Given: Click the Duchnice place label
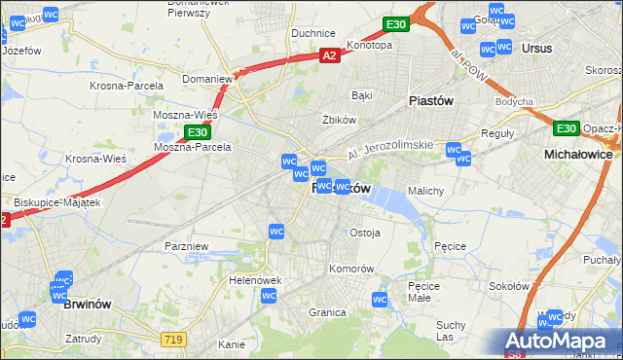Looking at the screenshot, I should click(313, 32).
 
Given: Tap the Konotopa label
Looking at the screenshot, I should click(369, 45).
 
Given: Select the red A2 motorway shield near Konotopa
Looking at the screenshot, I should click(330, 56).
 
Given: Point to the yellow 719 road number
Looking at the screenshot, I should click(174, 338).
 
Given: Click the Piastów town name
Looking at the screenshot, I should click(431, 99).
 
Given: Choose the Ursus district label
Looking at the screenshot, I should click(536, 48).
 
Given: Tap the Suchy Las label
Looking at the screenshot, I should click(451, 331).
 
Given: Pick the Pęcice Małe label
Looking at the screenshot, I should click(426, 292).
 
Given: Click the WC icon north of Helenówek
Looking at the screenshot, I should click(276, 231).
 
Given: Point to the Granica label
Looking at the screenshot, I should click(328, 312).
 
